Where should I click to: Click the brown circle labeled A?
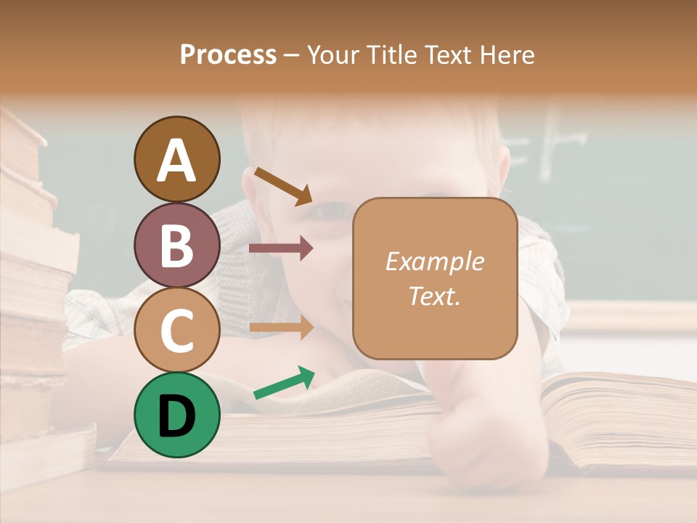(176, 160)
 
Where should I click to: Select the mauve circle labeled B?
(176, 246)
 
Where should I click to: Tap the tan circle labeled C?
(176, 331)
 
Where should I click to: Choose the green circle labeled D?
(176, 415)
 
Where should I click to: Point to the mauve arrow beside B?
(281, 248)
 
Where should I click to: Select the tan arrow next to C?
(281, 328)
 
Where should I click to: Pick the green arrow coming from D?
(284, 383)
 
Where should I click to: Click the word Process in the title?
(228, 55)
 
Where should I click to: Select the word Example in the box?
(434, 261)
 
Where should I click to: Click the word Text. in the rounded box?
(434, 296)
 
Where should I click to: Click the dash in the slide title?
(292, 55)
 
